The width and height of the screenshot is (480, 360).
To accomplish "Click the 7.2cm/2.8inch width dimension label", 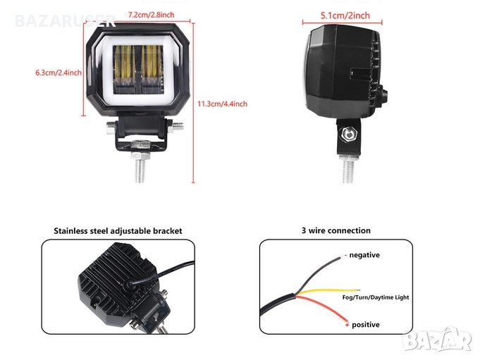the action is click(x=151, y=15).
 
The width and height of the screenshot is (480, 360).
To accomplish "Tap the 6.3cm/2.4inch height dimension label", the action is click(x=59, y=73).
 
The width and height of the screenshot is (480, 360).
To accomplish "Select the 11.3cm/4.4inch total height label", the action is click(x=222, y=104).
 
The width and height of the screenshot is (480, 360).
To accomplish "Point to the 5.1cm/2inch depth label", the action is click(x=345, y=15).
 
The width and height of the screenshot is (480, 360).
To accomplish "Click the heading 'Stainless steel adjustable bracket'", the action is click(x=118, y=230).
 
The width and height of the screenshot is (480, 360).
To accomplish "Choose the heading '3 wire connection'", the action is click(x=336, y=230).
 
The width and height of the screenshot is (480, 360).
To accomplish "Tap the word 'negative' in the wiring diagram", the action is click(x=364, y=255).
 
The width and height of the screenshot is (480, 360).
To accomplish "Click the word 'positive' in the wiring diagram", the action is click(x=366, y=325).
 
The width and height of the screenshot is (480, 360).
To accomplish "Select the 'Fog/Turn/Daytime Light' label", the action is click(x=376, y=297).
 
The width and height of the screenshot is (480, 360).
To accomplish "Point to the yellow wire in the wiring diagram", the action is click(x=328, y=292).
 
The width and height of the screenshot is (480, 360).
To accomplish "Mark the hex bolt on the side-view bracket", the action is click(x=348, y=134).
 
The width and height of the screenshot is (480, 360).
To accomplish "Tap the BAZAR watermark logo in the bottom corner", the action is click(x=438, y=339).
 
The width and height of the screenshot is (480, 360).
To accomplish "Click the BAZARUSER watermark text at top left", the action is click(x=66, y=21).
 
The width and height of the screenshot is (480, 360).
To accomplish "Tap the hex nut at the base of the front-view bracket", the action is click(x=140, y=144).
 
